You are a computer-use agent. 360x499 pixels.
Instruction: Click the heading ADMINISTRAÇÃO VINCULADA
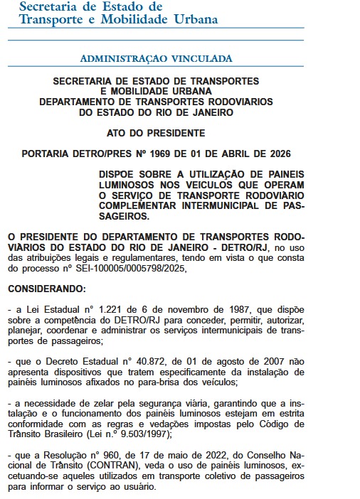pos(155,56)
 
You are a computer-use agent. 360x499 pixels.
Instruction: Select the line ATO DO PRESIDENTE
pos(155,133)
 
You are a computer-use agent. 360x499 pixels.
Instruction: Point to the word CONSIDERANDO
pos(46,289)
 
